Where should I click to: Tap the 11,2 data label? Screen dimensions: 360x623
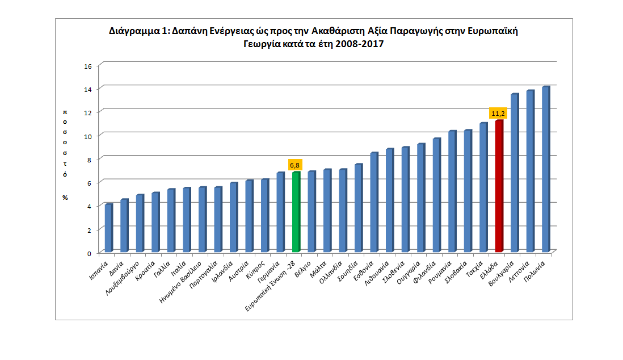(x=498, y=114)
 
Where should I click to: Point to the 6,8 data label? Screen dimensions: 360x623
(x=295, y=165)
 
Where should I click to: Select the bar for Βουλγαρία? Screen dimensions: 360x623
(x=514, y=173)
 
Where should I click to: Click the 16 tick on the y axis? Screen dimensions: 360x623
(x=87, y=66)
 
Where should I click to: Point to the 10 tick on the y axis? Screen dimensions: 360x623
(x=87, y=136)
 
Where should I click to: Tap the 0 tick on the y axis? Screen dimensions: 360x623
(x=90, y=253)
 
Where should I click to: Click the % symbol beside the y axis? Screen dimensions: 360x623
(x=65, y=197)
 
